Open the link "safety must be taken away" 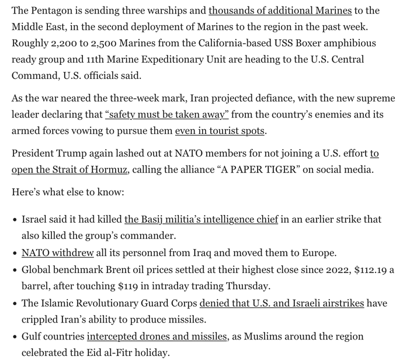point(166,115)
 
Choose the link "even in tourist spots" point(220,131)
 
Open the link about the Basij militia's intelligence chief point(201,220)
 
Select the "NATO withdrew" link point(57,253)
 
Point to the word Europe point(319,253)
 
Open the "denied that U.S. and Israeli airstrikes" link point(282,303)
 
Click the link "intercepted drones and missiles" point(157,337)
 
